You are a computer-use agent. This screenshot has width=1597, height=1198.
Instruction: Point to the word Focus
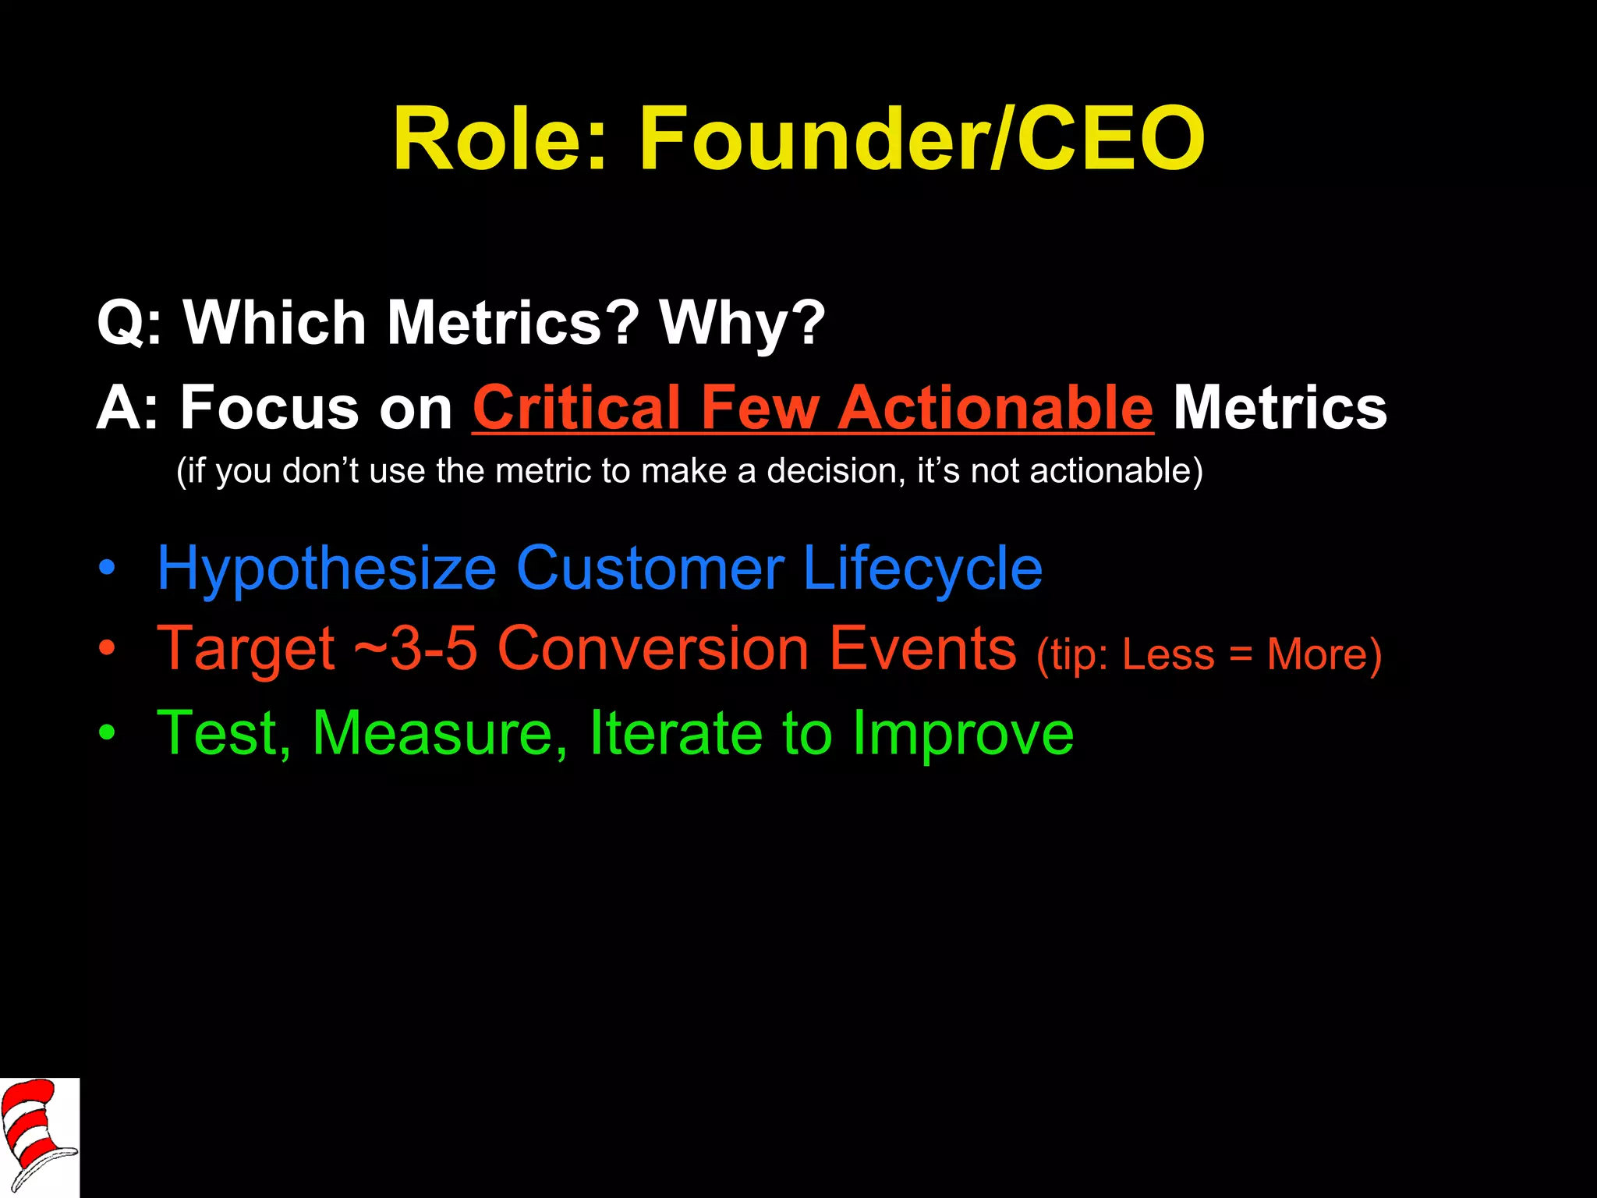pyautogui.click(x=270, y=408)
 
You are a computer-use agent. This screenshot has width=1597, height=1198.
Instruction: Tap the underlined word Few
pyautogui.click(x=760, y=408)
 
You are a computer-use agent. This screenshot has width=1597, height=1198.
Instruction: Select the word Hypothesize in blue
pyautogui.click(x=326, y=569)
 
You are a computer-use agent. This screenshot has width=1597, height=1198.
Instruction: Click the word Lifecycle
pyautogui.click(x=922, y=569)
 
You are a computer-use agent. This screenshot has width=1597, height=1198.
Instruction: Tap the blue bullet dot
pyautogui.click(x=107, y=569)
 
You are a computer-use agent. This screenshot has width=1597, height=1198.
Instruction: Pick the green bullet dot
pyautogui.click(x=107, y=733)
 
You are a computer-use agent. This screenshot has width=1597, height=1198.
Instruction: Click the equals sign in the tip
pyautogui.click(x=1241, y=655)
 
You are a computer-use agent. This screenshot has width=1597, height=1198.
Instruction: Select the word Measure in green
pyautogui.click(x=439, y=733)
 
